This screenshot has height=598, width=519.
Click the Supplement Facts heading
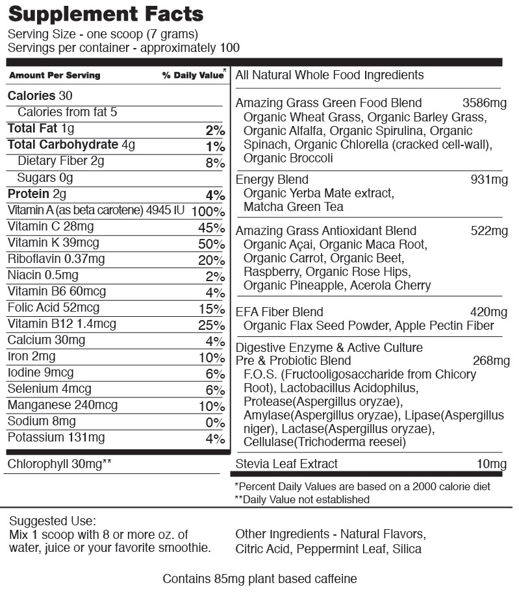(x=105, y=14)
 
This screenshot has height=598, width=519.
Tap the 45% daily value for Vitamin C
(x=211, y=228)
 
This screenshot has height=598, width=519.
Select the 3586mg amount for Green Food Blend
(x=485, y=103)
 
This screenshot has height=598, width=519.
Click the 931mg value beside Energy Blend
(x=489, y=179)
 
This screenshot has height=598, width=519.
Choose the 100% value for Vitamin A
(x=208, y=212)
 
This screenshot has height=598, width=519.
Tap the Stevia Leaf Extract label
(x=286, y=464)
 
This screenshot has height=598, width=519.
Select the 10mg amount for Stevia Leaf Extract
(x=492, y=464)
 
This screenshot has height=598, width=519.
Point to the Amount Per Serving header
(x=55, y=75)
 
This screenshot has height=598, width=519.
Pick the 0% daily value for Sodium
(x=214, y=423)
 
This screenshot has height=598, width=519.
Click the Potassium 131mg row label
(x=56, y=438)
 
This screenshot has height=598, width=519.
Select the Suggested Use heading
(x=53, y=521)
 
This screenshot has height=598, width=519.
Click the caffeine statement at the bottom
(x=259, y=579)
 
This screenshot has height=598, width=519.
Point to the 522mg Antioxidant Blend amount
(x=489, y=230)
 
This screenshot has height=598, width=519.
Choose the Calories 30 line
(x=40, y=96)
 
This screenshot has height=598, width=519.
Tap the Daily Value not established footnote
(x=302, y=499)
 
